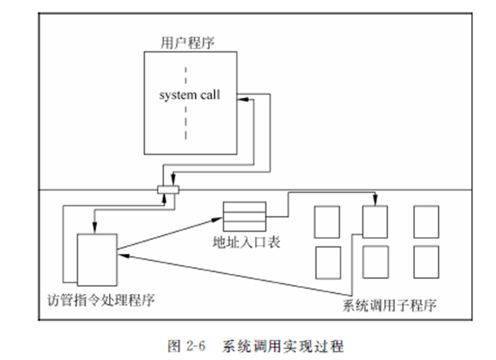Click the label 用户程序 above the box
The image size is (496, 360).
coord(188,43)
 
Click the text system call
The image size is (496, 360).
coord(189,95)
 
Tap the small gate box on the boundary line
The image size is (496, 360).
coord(168,189)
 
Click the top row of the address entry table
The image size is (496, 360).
coord(245,206)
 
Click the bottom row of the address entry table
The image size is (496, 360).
coord(245,223)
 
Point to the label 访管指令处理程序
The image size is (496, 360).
coord(101,300)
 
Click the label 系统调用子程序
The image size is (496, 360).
coord(389,305)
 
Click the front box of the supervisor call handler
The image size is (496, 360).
coord(97,259)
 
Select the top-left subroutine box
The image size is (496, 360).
coord(327,222)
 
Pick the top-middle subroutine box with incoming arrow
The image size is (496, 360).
coord(375,222)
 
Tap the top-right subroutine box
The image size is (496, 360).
coord(426,222)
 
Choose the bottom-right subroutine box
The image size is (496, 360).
coord(426,262)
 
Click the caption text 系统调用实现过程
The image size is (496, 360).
coord(282,346)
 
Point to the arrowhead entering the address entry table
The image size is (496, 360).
coord(219,218)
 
